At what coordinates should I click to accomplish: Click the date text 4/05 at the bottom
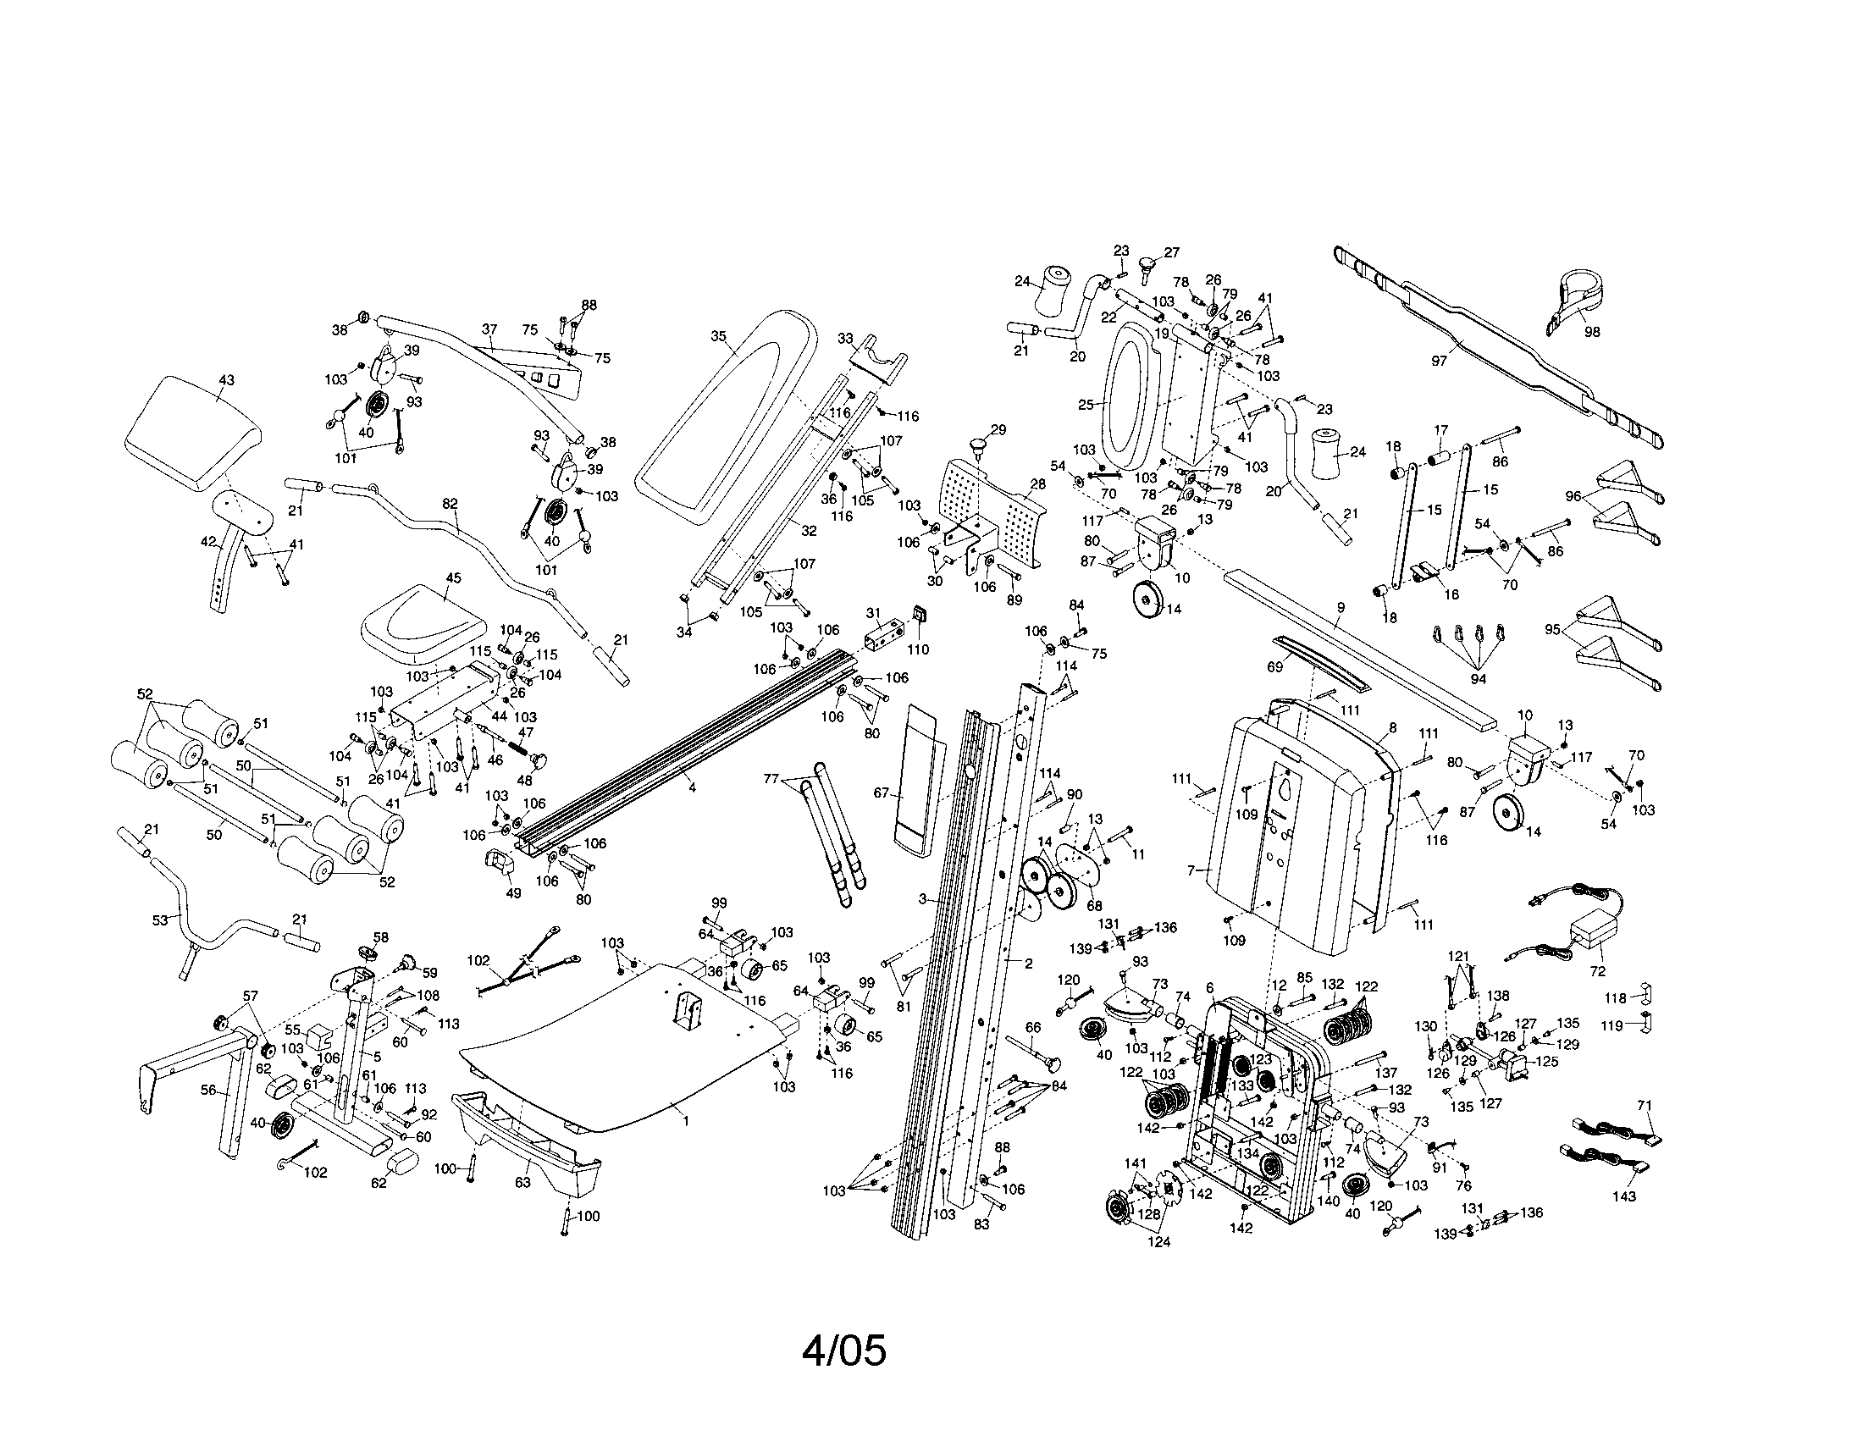coord(843,1350)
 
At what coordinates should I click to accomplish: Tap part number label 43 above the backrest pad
coord(226,380)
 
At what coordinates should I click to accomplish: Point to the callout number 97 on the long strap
coord(1439,361)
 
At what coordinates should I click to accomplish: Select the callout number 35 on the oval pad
coord(718,336)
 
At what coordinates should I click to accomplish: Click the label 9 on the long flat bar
coord(1341,608)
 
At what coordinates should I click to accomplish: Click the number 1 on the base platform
coord(685,1120)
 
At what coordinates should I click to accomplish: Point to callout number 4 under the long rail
coord(692,788)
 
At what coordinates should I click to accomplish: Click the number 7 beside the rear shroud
coord(1191,870)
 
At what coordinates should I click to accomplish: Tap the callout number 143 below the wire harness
coord(1624,1196)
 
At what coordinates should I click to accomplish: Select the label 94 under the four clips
coord(1479,679)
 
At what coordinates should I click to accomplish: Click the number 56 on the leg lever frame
coord(208,1090)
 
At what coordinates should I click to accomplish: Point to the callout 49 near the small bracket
coord(512,892)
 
